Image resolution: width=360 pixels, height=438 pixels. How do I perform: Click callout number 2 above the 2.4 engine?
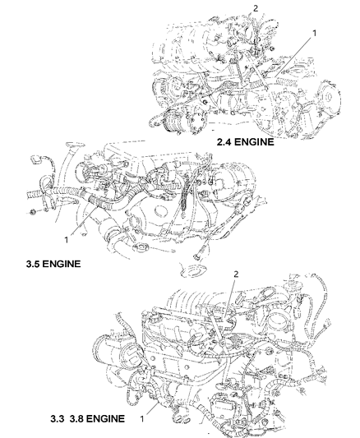(x=256, y=9)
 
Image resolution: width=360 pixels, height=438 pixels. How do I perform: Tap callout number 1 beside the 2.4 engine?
(x=315, y=33)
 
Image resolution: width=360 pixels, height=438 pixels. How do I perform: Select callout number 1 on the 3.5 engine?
(x=67, y=240)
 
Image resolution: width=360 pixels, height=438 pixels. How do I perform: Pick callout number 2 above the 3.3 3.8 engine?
(x=236, y=274)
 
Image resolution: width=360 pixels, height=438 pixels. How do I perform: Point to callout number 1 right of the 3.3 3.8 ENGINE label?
(x=142, y=419)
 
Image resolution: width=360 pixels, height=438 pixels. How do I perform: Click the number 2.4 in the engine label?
(x=224, y=142)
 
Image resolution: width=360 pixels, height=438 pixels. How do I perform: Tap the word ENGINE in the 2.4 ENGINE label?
(x=254, y=142)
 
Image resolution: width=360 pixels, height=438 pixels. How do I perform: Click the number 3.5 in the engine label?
(x=34, y=264)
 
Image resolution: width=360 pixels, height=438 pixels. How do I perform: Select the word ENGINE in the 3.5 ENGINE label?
(x=62, y=264)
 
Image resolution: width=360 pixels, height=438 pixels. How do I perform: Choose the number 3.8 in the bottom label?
(x=76, y=418)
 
